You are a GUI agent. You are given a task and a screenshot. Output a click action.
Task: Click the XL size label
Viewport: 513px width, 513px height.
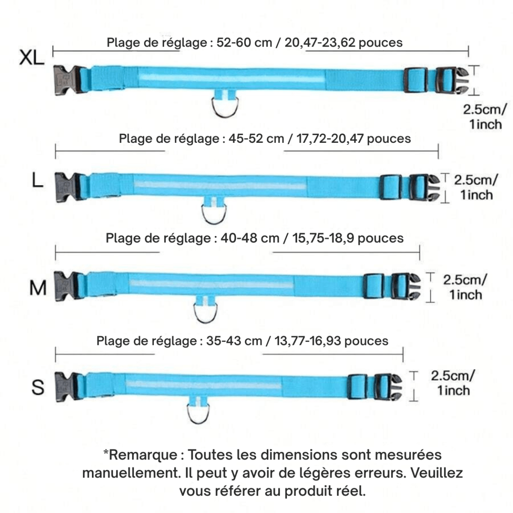pyautogui.click(x=31, y=58)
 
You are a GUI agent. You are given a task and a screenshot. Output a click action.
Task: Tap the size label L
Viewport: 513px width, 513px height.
pyautogui.click(x=38, y=181)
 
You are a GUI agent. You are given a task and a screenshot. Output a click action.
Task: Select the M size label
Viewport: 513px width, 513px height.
pyautogui.click(x=38, y=288)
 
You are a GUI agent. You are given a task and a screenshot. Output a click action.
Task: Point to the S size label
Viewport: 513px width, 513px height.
pyautogui.click(x=38, y=387)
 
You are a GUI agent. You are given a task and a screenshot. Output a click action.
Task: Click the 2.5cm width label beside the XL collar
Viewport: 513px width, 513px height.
pyautogui.click(x=486, y=109)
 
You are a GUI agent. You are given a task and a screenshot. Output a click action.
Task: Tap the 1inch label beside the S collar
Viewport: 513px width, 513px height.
pyautogui.click(x=453, y=391)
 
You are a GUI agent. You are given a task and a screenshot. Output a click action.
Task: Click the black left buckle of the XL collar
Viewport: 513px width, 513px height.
pyautogui.click(x=66, y=80)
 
